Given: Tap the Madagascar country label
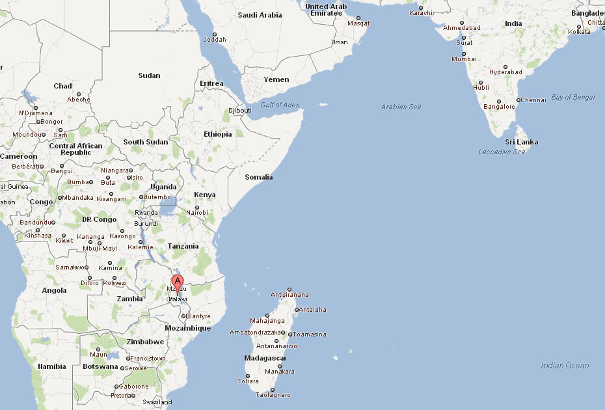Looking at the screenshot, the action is click(265, 358).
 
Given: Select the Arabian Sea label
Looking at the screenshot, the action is click(401, 107).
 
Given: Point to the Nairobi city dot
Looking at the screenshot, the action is click(197, 208).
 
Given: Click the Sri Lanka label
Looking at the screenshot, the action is click(522, 142).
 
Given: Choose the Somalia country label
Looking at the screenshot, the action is click(259, 177).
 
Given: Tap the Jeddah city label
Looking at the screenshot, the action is click(215, 40).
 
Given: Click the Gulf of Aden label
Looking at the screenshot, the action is click(280, 105).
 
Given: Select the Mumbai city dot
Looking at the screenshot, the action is click(464, 53).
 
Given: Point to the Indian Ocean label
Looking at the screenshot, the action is click(565, 366).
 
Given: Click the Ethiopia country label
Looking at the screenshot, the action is click(217, 134).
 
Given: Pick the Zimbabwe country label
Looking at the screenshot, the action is click(144, 342).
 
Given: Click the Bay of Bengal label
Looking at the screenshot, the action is click(573, 97).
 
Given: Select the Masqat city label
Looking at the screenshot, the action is click(358, 23).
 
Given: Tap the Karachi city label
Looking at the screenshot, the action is click(421, 13).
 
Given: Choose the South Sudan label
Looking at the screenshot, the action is click(145, 142).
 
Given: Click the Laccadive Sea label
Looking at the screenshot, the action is click(502, 152).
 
